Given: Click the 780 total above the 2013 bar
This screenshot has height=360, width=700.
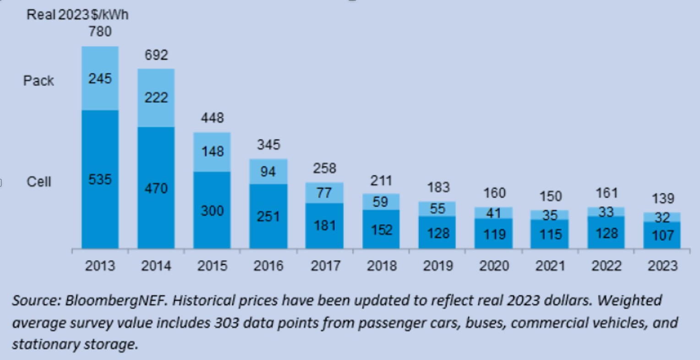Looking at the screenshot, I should (100, 32).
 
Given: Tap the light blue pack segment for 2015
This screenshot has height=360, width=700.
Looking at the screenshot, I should (212, 152).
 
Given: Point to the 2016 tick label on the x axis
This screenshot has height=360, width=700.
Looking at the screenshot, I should (268, 266).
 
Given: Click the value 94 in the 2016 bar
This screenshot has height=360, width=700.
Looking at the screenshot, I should (268, 171).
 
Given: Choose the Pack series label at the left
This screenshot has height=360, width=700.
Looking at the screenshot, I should (38, 81).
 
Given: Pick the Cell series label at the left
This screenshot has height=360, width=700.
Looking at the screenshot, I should (38, 182).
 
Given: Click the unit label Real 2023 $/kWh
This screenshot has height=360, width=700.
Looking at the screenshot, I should (77, 15).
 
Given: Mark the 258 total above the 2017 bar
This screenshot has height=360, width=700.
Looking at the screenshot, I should (324, 169).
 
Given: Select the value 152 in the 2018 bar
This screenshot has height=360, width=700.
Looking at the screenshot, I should (381, 229).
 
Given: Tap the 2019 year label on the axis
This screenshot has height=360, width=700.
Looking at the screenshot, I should (437, 266).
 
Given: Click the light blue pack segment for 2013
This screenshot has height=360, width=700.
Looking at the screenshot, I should (100, 78).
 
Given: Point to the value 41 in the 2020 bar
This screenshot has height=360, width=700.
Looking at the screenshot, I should (493, 213).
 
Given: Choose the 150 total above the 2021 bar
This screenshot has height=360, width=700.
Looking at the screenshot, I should (550, 196).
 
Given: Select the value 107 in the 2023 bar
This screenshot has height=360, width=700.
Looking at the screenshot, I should (662, 235).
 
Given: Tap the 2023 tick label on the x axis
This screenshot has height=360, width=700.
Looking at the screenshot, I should (662, 266).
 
